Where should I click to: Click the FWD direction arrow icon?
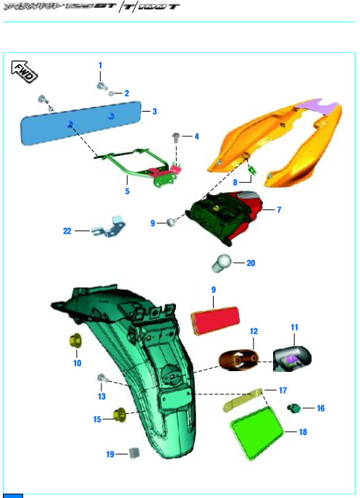click(25, 70)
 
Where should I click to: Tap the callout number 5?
click(127, 191)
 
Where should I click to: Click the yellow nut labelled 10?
click(74, 340)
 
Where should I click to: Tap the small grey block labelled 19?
click(133, 453)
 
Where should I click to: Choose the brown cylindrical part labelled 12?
click(239, 359)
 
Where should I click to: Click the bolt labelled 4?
click(176, 136)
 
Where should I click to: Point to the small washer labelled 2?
click(113, 94)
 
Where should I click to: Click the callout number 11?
click(295, 328)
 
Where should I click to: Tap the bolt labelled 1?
click(101, 86)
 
